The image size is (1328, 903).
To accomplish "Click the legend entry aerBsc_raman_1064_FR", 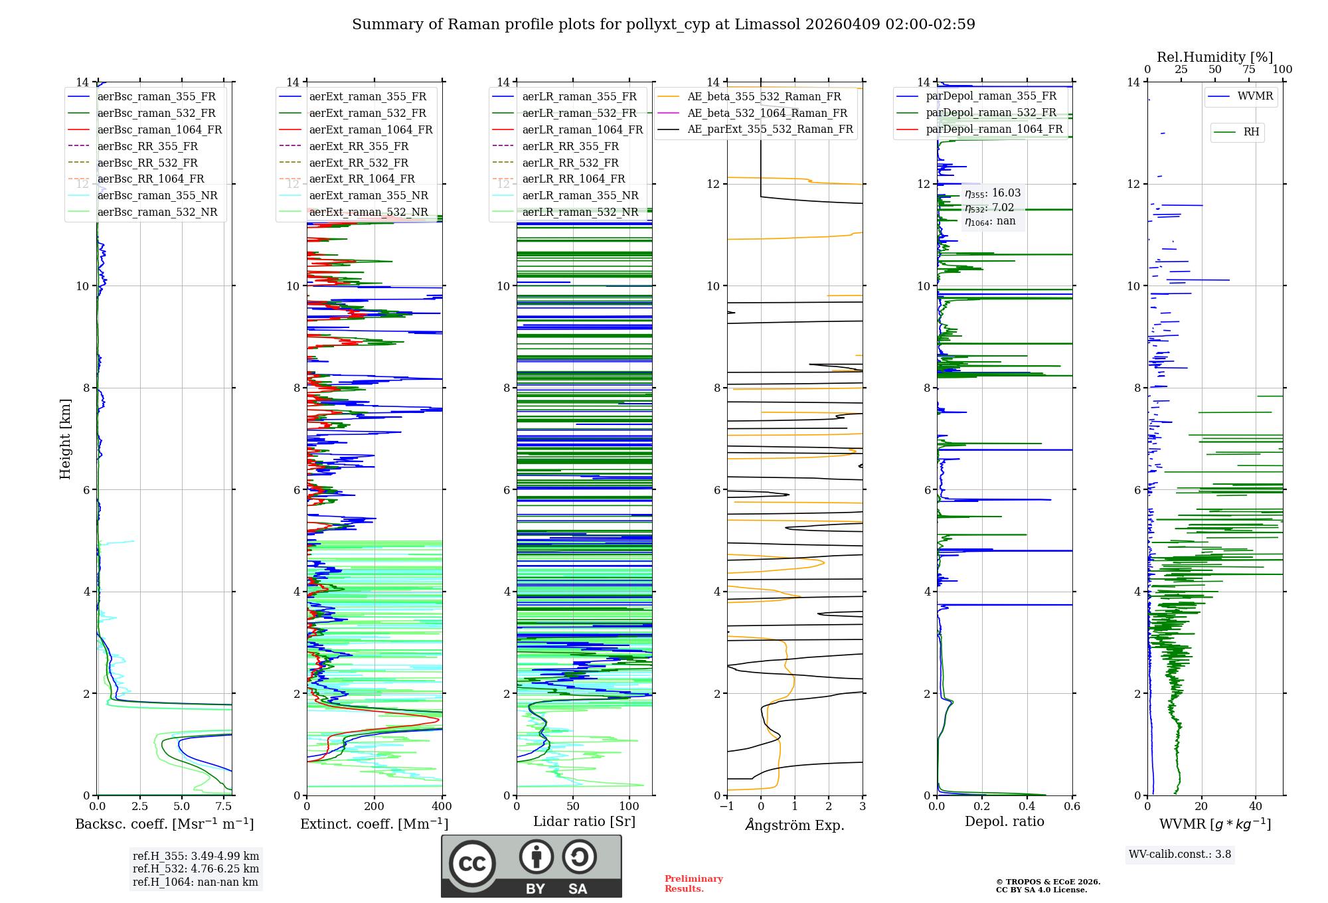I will (159, 130).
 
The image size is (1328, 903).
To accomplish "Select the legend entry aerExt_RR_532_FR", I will (359, 163).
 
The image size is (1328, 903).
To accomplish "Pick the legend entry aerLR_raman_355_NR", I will (580, 196).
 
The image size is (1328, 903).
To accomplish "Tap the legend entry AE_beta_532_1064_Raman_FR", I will (767, 114).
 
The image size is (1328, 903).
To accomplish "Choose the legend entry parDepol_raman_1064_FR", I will (994, 129).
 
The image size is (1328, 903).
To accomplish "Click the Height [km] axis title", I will (65, 438).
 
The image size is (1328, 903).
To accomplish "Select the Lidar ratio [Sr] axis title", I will (584, 821).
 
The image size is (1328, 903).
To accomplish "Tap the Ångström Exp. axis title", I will (795, 825).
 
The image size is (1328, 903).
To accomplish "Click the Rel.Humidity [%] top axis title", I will (1214, 57).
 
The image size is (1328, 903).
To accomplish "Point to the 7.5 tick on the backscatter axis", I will (224, 807).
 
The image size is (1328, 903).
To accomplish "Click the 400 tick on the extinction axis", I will (442, 807).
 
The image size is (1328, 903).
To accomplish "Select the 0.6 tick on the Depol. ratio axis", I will (1072, 807).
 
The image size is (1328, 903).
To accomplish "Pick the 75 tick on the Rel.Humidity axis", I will (1249, 70).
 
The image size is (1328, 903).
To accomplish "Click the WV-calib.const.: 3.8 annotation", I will (1179, 855).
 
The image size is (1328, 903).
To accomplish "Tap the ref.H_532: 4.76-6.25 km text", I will (195, 868).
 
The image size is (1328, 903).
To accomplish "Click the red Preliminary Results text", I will (693, 884).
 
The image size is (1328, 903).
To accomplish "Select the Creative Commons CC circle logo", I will (472, 864).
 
